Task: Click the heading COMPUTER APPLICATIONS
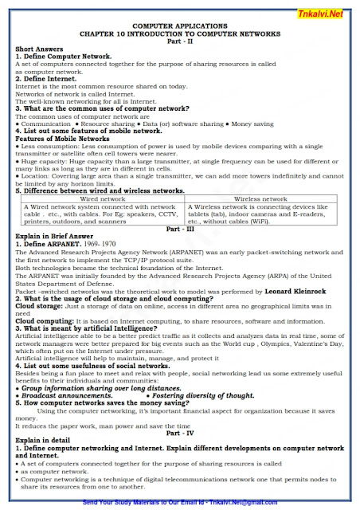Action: tap(181, 25)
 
